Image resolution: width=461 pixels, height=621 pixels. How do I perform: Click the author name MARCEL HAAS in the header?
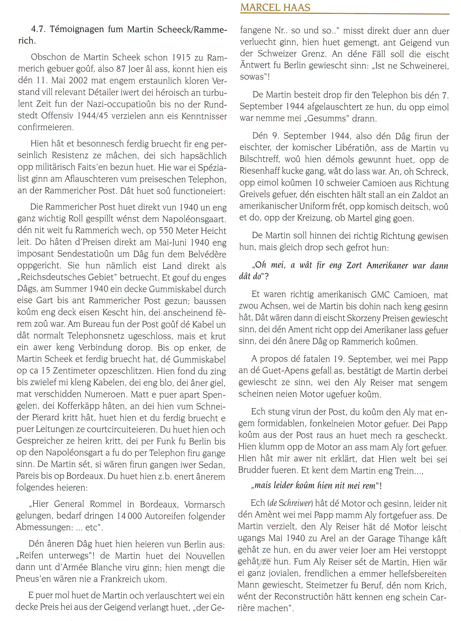coord(275,8)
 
